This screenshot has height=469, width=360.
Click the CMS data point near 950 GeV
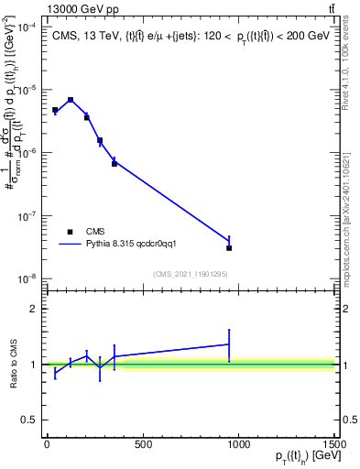click(229, 248)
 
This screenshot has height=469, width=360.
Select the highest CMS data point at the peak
click(71, 100)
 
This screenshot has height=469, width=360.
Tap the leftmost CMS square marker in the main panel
click(55, 110)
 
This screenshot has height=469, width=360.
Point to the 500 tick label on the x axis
click(143, 445)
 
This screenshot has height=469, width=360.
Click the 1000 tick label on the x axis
click(238, 445)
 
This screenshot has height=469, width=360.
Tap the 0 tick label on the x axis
click(47, 445)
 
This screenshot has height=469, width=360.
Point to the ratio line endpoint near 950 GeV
click(229, 344)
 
